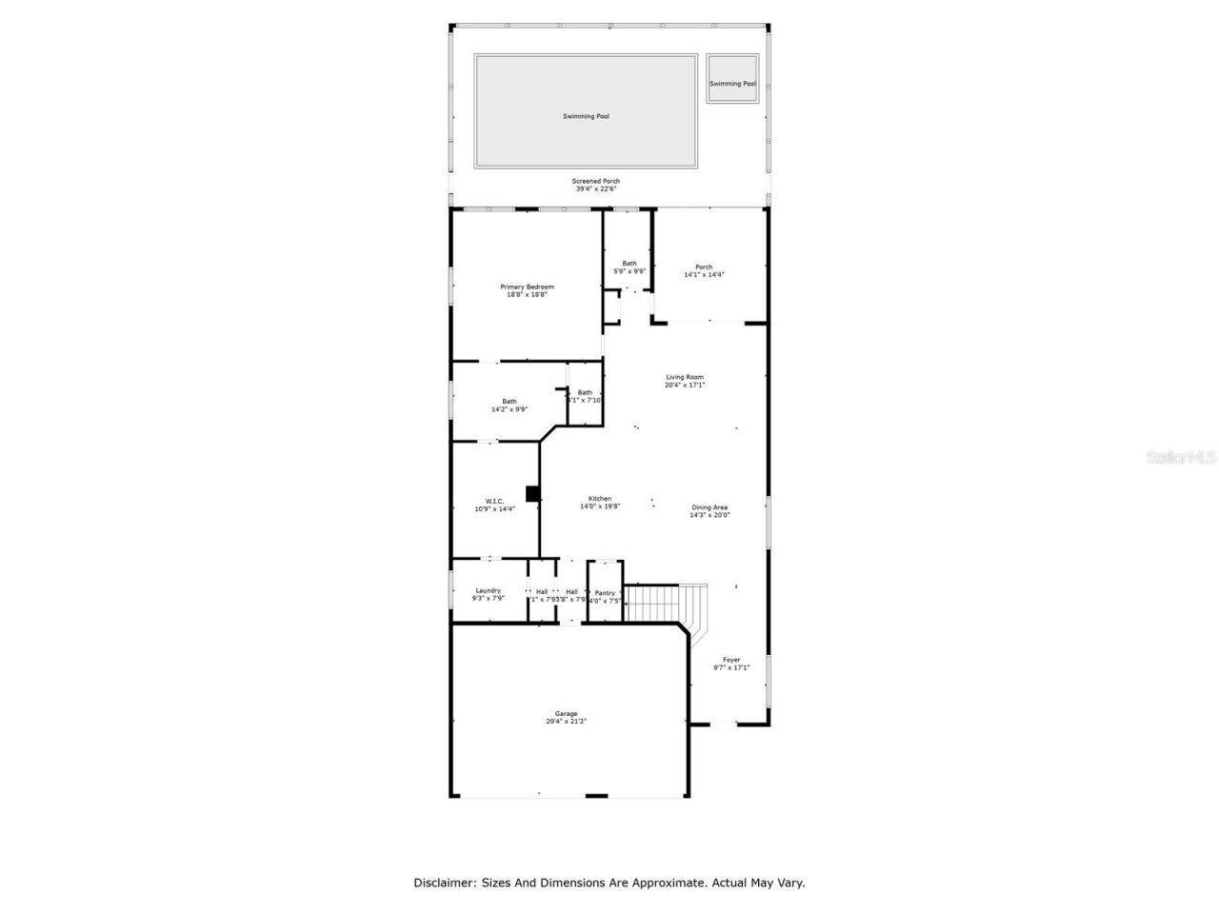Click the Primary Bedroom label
click(x=527, y=287)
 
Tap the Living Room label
click(x=685, y=377)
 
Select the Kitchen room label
click(x=600, y=499)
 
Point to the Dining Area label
click(x=709, y=507)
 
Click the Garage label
click(x=567, y=714)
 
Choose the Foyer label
click(x=731, y=660)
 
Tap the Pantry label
click(x=605, y=593)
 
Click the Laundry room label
click(x=488, y=590)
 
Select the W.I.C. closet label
click(x=494, y=501)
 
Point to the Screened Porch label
click(x=596, y=181)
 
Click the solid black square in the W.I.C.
click(x=532, y=493)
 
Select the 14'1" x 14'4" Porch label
click(x=704, y=274)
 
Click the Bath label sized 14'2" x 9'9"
click(x=510, y=401)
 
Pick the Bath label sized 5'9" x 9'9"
click(x=629, y=264)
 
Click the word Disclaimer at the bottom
click(x=442, y=883)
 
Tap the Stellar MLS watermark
click(x=1181, y=457)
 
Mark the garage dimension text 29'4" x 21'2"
click(x=567, y=722)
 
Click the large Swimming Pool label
click(x=586, y=116)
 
